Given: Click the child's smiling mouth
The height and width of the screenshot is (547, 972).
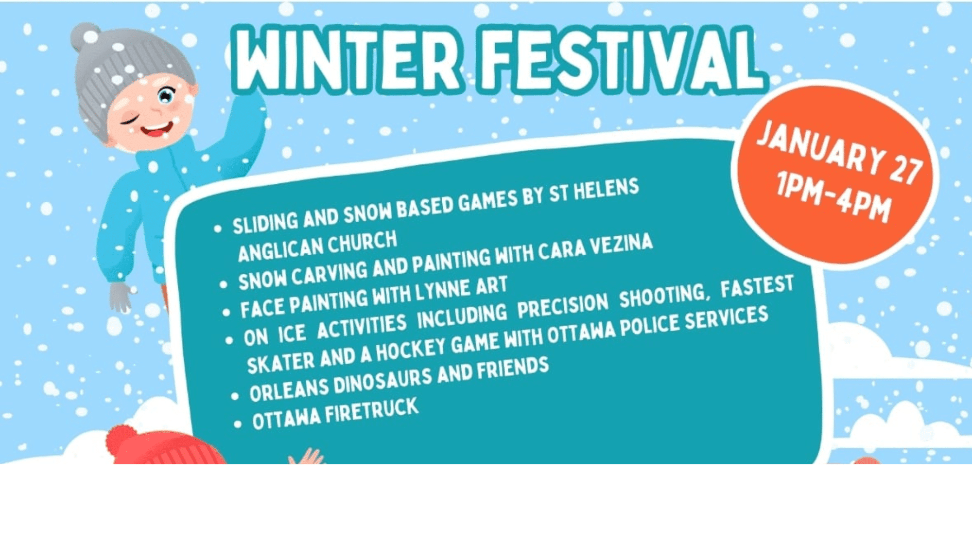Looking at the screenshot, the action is [156, 129].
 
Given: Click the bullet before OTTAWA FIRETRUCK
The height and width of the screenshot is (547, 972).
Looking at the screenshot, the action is [237, 424].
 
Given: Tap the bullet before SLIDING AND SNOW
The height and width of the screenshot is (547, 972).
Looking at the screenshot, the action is [218, 228].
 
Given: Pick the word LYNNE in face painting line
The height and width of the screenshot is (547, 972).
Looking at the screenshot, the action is [442, 291].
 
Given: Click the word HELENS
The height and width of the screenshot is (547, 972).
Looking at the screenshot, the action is [606, 190].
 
